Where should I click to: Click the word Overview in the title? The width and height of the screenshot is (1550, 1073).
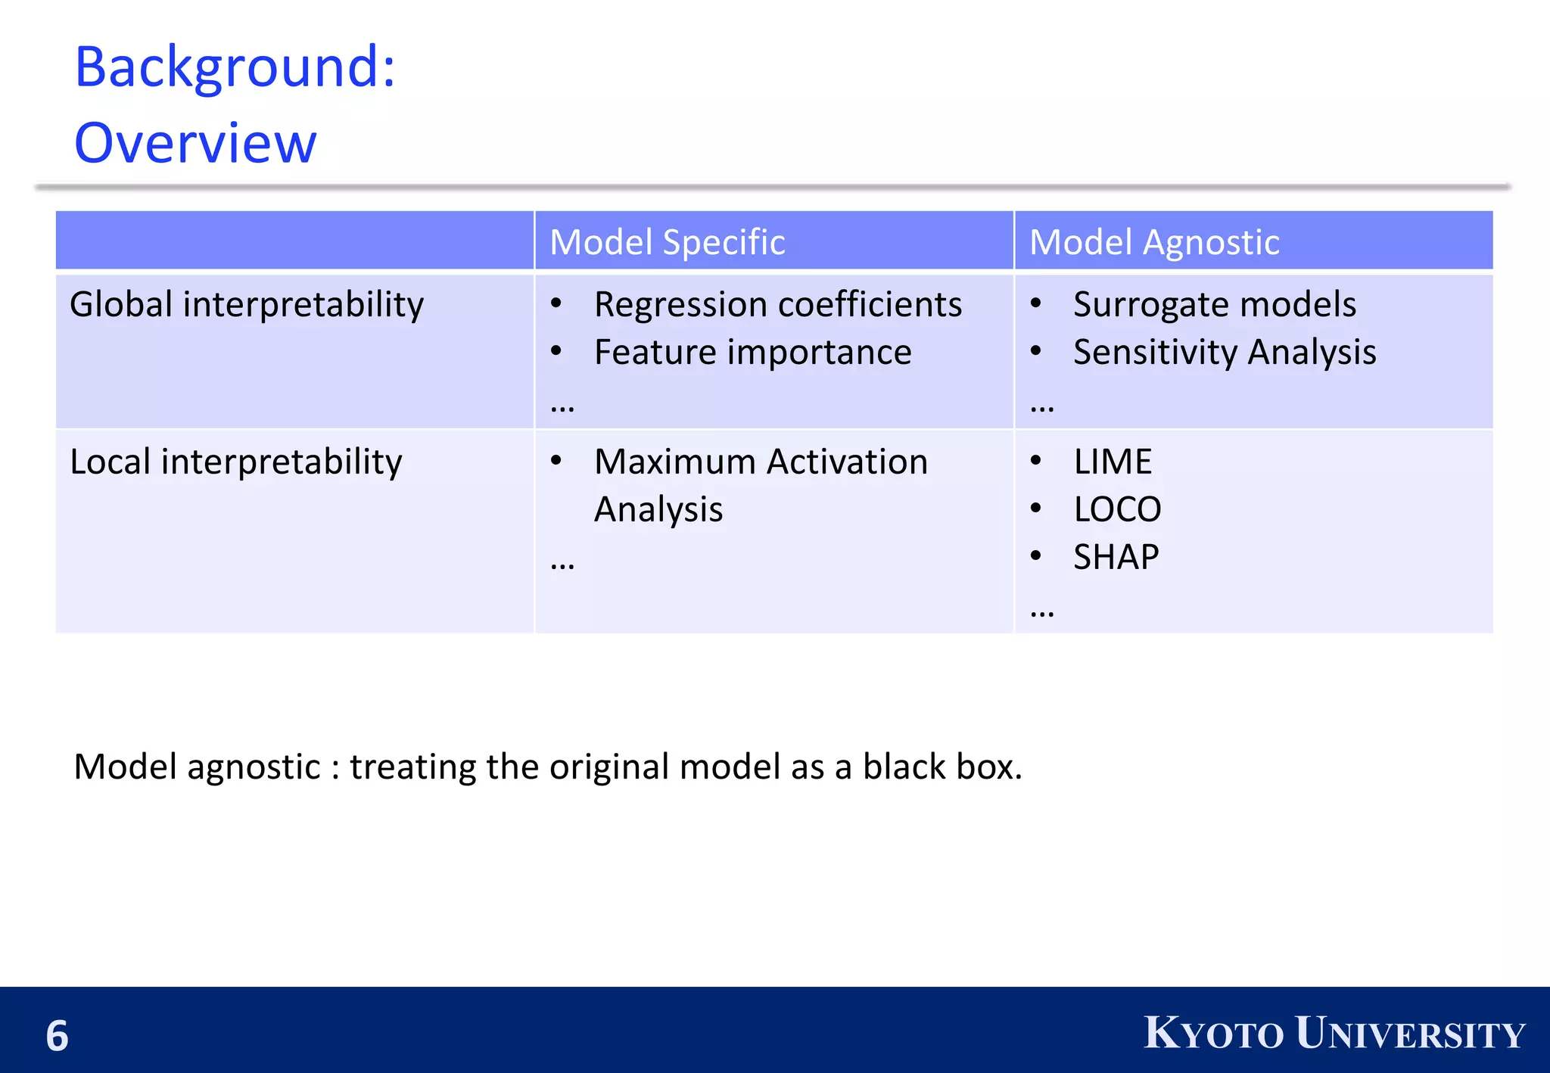click(195, 143)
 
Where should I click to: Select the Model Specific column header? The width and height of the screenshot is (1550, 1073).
click(667, 242)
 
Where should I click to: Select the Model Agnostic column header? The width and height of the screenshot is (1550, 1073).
click(1154, 242)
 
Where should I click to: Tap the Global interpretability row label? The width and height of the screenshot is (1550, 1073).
click(247, 305)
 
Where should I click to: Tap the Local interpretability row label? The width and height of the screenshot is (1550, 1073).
click(236, 462)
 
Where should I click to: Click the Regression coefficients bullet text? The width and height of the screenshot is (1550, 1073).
click(777, 305)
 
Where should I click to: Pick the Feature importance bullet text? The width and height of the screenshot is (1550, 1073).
click(752, 353)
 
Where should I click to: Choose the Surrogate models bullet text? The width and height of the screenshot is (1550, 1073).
click(1214, 305)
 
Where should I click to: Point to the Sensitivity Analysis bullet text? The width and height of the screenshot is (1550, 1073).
click(1224, 353)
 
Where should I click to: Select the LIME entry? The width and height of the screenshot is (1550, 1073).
click(1113, 462)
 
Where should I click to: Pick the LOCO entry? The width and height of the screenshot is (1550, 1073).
click(1117, 510)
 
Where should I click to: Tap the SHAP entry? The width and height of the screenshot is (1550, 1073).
click(1116, 558)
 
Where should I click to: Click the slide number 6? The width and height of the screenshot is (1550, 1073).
click(57, 1036)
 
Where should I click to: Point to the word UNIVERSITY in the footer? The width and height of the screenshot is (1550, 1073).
click(1409, 1034)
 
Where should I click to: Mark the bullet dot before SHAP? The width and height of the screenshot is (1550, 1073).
click(1036, 556)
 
